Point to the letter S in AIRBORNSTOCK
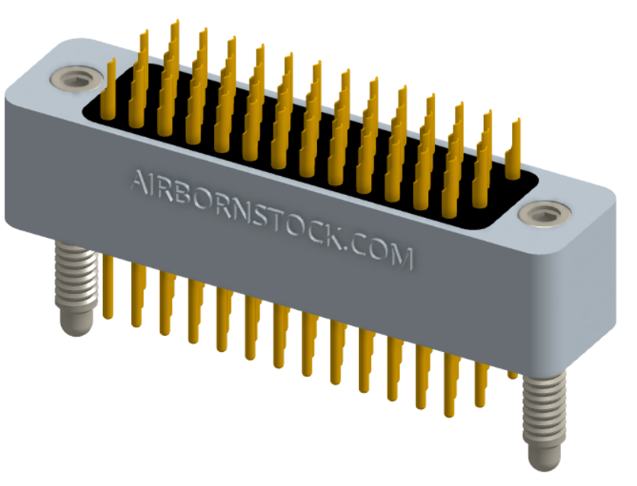pos(257,214)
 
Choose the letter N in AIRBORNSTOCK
pos(238,209)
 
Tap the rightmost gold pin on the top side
pos(516,145)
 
